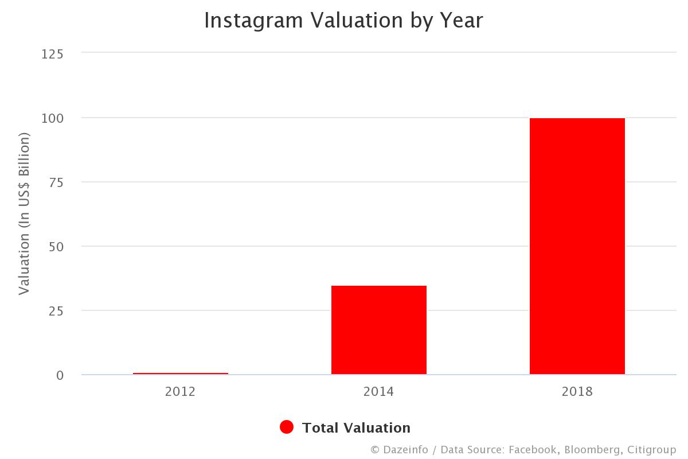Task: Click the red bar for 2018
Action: [x=577, y=246]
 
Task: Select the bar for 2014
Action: [x=378, y=330]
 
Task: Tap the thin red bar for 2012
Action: [x=181, y=374]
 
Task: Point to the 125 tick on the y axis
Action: [x=52, y=54]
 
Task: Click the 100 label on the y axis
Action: [x=52, y=118]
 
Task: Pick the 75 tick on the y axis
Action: [x=56, y=182]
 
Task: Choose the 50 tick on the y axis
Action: [x=56, y=247]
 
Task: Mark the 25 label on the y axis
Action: [x=56, y=311]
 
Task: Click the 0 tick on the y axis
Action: [x=59, y=375]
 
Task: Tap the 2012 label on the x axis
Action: [x=180, y=392]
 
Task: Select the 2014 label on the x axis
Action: [x=378, y=392]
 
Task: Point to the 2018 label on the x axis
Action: [x=577, y=392]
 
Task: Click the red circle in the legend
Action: [x=287, y=427]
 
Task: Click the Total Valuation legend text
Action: [x=356, y=428]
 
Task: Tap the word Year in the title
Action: [x=463, y=21]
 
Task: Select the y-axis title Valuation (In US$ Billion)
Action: [x=24, y=213]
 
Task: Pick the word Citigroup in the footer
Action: [x=651, y=450]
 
